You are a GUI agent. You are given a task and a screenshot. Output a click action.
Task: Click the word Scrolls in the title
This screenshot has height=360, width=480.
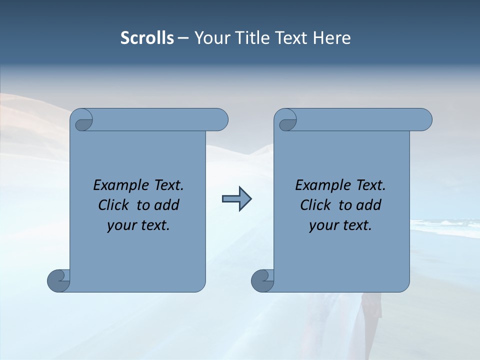pos(147,38)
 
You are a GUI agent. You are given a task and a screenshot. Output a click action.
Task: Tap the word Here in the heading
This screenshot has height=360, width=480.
pos(332,38)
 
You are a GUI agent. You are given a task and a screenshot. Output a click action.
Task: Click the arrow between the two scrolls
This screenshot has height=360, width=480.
pos(236,199)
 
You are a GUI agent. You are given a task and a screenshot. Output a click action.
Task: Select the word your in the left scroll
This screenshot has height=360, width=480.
pos(121,225)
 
